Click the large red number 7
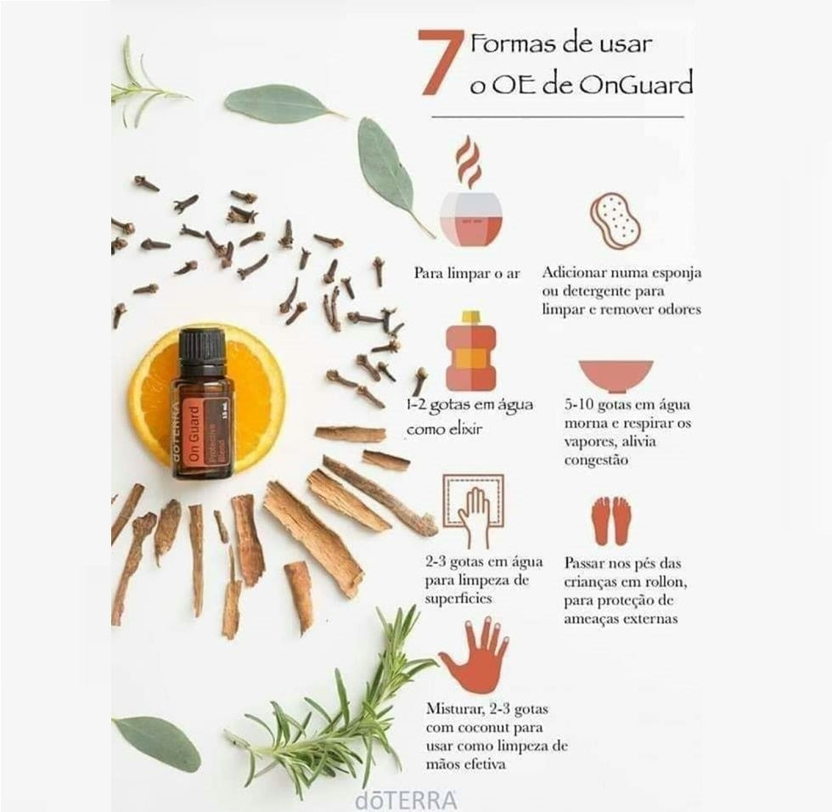439,62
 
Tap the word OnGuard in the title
635,84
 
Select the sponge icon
616,221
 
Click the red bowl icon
616,376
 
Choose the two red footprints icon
612,521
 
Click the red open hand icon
474,656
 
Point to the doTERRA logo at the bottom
407,801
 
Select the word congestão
596,460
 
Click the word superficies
458,599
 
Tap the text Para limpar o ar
467,273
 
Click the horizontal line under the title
558,116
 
